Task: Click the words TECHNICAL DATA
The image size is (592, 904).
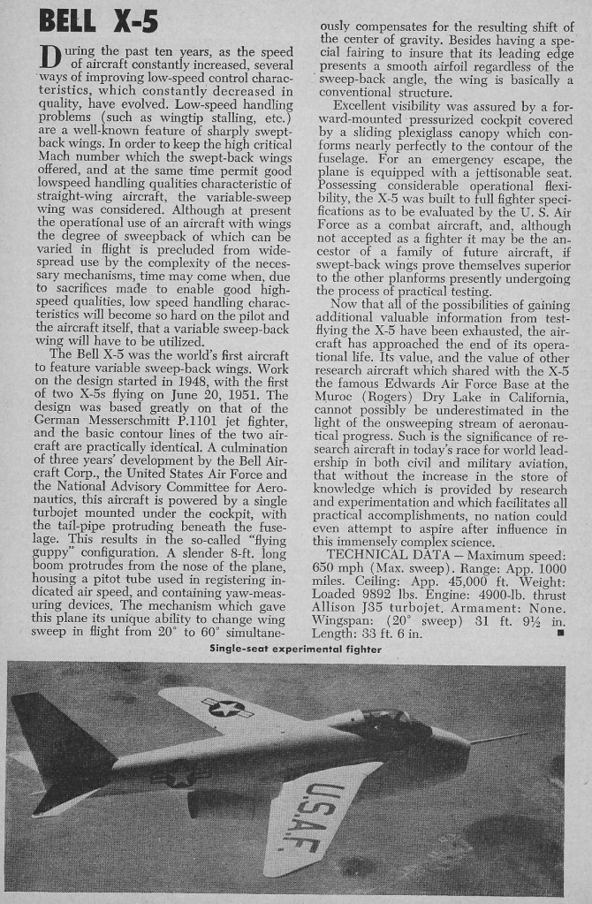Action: pyautogui.click(x=384, y=555)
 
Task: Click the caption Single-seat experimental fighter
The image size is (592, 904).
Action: pyautogui.click(x=296, y=649)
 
